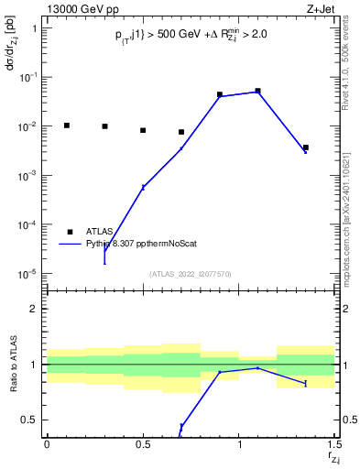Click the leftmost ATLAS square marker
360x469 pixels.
(x=66, y=125)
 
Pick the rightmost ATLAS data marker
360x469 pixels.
(x=306, y=147)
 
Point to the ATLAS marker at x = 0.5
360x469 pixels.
(x=143, y=130)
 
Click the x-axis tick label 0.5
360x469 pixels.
(x=143, y=444)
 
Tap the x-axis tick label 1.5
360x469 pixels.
(x=334, y=444)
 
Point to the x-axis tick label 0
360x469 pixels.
(x=47, y=444)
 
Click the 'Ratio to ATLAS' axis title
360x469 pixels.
(x=12, y=365)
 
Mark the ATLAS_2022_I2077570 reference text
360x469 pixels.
(x=190, y=273)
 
